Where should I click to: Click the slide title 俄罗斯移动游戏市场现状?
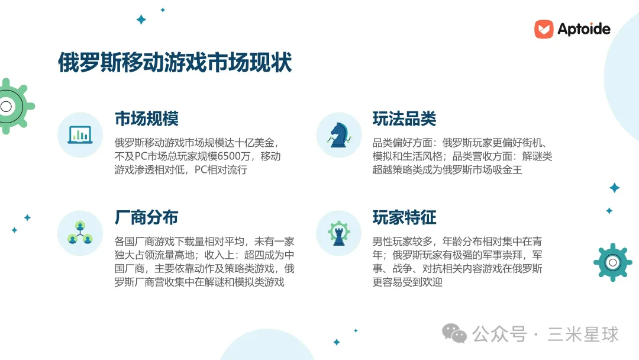click(175, 62)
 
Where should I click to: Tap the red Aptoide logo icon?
click(544, 29)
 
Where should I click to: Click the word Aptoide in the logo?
click(583, 29)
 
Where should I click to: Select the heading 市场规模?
click(146, 118)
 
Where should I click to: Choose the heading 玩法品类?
click(404, 118)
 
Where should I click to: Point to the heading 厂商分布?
click(146, 217)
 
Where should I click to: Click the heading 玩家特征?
click(404, 217)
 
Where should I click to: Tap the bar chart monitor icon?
click(80, 135)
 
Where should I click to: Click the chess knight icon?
click(339, 135)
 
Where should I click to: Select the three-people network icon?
click(80, 233)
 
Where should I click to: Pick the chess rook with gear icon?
click(338, 233)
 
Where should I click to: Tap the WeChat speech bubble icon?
click(454, 333)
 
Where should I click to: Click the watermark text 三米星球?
click(583, 335)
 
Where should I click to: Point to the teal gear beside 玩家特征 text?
click(612, 262)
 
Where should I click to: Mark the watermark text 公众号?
click(499, 335)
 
